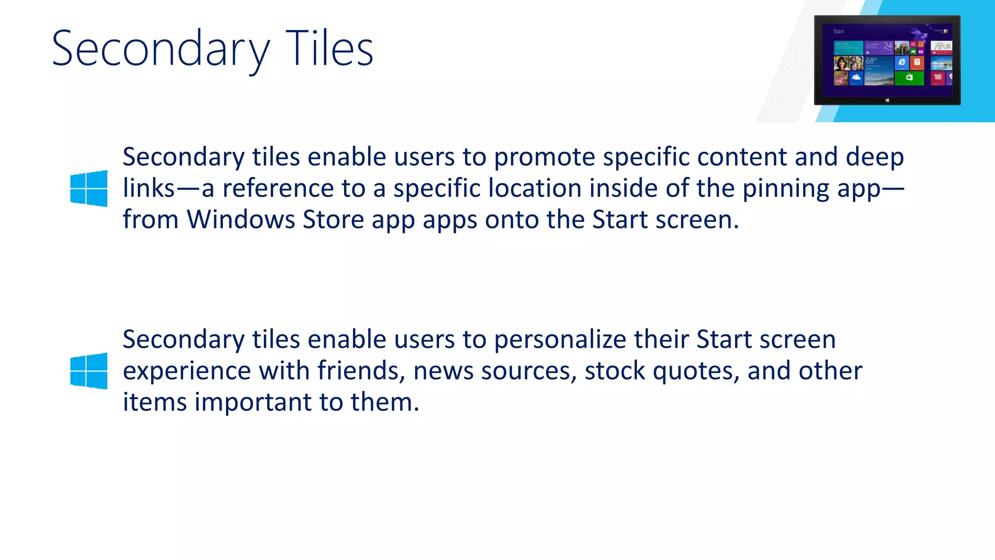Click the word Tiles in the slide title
click(329, 49)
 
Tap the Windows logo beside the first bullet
click(89, 188)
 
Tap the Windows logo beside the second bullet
click(89, 371)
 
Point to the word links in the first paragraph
click(148, 188)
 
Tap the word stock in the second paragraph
click(614, 371)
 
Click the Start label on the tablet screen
click(839, 32)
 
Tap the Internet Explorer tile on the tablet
click(902, 62)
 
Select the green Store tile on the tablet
click(909, 77)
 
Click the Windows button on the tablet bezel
click(887, 100)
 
